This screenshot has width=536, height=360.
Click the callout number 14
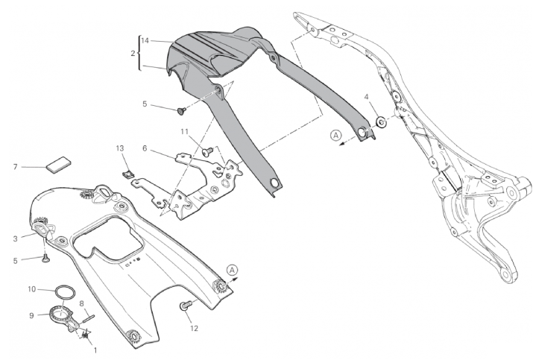[145, 41]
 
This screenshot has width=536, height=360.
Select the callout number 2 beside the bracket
[133, 54]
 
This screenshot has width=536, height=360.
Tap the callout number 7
[15, 167]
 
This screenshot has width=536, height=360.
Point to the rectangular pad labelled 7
[58, 163]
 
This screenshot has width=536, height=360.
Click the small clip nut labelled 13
[127, 174]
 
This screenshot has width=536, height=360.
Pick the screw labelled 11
[207, 151]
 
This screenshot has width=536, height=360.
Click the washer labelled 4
[381, 122]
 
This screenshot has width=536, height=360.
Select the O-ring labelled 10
[66, 294]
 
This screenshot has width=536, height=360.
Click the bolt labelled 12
[185, 306]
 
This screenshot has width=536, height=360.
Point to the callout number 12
[194, 328]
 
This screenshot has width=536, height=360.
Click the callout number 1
[95, 350]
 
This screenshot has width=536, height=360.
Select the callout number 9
[32, 315]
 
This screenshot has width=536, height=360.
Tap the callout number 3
[16, 239]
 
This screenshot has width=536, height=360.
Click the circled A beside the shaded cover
[335, 136]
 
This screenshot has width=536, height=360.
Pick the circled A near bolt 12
[232, 270]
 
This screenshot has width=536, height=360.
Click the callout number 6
[145, 148]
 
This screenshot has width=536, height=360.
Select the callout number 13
[120, 148]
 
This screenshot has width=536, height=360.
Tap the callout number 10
[32, 289]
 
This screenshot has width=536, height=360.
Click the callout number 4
[367, 97]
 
